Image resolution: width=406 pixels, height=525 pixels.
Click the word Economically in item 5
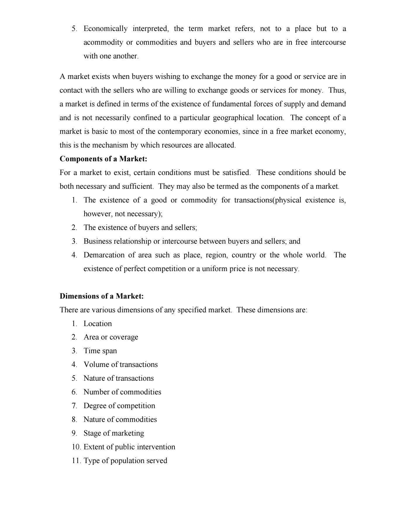click(x=106, y=29)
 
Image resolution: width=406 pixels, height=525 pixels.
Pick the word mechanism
click(x=111, y=145)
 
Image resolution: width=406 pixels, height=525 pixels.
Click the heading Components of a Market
click(x=103, y=159)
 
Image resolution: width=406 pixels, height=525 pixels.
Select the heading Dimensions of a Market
click(x=102, y=296)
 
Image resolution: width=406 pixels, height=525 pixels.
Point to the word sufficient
click(x=138, y=186)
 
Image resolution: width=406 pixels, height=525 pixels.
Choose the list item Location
click(x=98, y=324)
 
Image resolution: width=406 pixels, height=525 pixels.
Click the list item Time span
click(x=100, y=351)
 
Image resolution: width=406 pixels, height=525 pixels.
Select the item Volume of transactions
click(x=120, y=365)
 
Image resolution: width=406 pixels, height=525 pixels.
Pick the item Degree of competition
click(x=119, y=406)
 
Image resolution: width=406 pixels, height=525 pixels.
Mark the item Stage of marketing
click(x=114, y=433)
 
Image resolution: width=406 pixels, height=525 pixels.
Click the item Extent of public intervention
click(x=129, y=447)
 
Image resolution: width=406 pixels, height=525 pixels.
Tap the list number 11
click(x=76, y=461)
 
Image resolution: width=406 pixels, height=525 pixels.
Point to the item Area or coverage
click(x=111, y=337)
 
